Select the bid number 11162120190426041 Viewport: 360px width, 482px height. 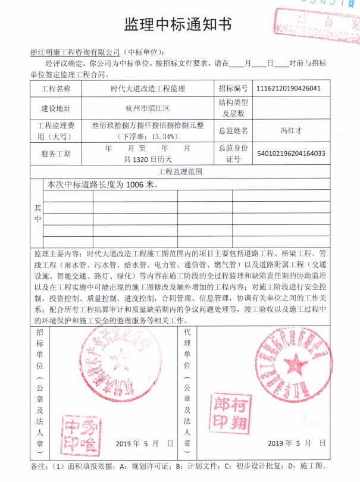[x=289, y=89]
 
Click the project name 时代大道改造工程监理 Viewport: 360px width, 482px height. [x=148, y=89]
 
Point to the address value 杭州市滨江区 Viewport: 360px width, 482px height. [x=148, y=109]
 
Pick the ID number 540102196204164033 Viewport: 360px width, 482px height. [x=291, y=154]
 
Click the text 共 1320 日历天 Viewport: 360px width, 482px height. [x=148, y=159]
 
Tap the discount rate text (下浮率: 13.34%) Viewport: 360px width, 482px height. [x=148, y=136]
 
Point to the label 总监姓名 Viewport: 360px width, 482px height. [x=233, y=129]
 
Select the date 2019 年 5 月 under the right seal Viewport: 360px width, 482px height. [x=290, y=443]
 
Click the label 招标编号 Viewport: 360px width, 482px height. [x=233, y=89]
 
